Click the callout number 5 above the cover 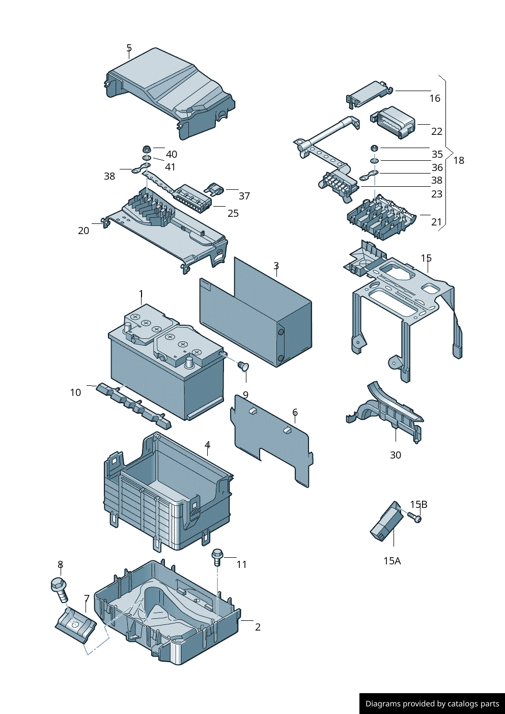(x=129, y=48)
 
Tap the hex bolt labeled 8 (x=60, y=588)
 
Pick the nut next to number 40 (x=146, y=150)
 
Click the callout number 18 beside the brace (x=459, y=160)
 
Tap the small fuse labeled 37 (x=214, y=190)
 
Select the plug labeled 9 (x=243, y=365)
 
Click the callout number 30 (x=396, y=455)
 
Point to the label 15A (x=392, y=561)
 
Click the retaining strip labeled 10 (x=133, y=405)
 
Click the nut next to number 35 (x=374, y=148)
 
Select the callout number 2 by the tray (x=258, y=627)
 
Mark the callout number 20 (x=83, y=231)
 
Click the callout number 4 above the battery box (x=208, y=445)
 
